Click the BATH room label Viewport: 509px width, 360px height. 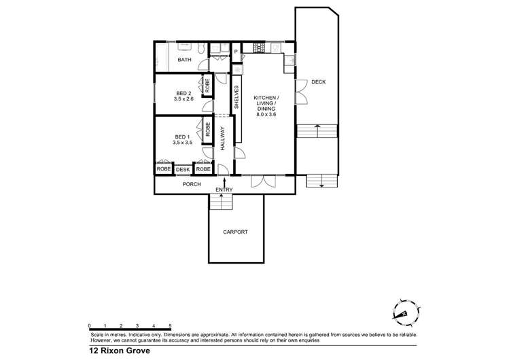pos(184,60)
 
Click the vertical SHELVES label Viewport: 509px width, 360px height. pos(236,97)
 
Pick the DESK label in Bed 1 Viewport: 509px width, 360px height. pos(183,169)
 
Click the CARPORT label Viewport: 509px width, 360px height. pos(235,232)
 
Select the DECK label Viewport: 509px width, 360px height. pos(318,82)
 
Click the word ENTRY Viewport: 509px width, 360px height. pos(224,190)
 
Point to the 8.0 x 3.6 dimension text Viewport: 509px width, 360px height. pos(266,115)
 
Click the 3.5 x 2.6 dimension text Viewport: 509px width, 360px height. pos(183,99)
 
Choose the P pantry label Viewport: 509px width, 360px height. pos(236,52)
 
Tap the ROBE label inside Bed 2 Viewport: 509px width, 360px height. pos(207,86)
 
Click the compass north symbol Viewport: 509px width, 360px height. pos(402,310)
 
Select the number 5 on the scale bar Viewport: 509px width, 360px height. pos(170,326)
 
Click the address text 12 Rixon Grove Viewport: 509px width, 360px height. pos(119,352)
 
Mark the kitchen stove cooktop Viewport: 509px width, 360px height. pos(259,48)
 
